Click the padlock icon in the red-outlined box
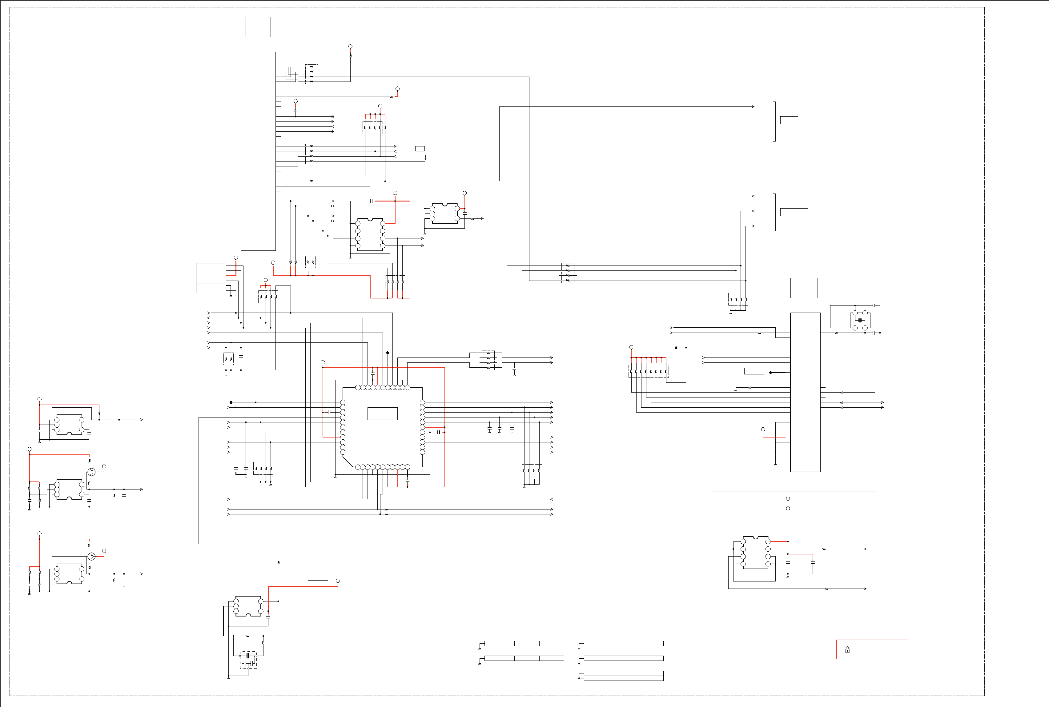coord(847,650)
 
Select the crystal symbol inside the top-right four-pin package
coord(860,320)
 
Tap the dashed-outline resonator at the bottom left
coord(248,659)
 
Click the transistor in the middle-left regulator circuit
coord(91,472)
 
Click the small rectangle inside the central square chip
coord(382,413)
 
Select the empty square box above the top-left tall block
coord(258,27)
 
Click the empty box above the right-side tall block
coord(804,288)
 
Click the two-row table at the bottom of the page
coord(623,675)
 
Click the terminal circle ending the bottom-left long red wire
coord(338,581)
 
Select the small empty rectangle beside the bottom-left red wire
coord(317,577)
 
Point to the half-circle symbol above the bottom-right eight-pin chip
coord(788,508)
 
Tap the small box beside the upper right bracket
coord(789,120)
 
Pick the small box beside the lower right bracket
coord(794,212)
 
